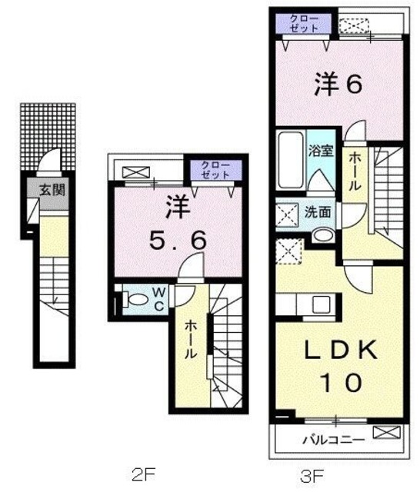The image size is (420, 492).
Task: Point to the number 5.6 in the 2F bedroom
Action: [177, 240]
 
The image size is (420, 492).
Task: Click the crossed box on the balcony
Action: [382, 434]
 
